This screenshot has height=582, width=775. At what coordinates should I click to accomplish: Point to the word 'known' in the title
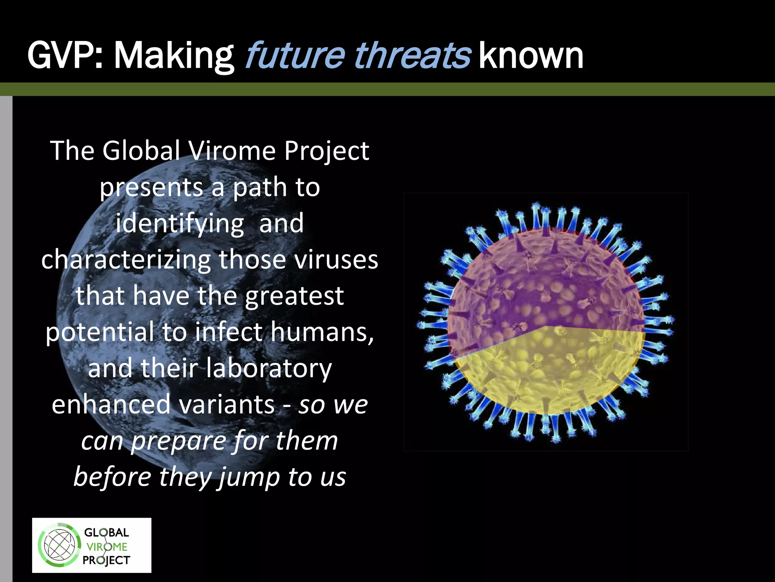[531, 57]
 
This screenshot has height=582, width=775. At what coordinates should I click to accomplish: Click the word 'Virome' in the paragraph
[232, 151]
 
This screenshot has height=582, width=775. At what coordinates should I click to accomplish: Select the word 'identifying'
[180, 224]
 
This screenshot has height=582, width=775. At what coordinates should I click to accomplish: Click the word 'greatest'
[294, 297]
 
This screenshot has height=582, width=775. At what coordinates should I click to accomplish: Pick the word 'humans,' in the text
[323, 332]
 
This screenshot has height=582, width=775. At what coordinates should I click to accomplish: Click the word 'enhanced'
[111, 405]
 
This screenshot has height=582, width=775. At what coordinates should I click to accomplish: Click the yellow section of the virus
[549, 371]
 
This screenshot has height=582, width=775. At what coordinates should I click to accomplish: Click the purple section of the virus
[545, 280]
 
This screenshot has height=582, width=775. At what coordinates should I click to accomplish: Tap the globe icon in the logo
[59, 546]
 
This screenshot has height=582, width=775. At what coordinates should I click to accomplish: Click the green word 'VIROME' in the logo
[107, 547]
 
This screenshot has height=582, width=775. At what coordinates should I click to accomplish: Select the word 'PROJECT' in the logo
[106, 560]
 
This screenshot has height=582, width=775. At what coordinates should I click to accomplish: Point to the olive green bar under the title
[387, 89]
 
